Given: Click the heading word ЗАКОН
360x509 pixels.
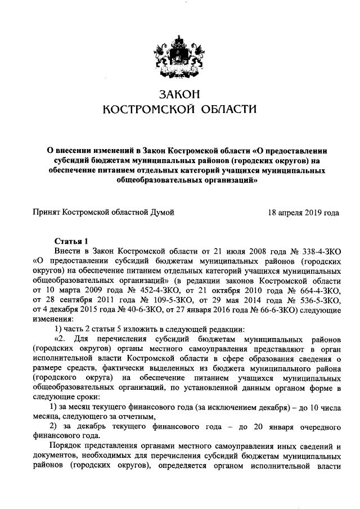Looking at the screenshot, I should click(179, 93).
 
